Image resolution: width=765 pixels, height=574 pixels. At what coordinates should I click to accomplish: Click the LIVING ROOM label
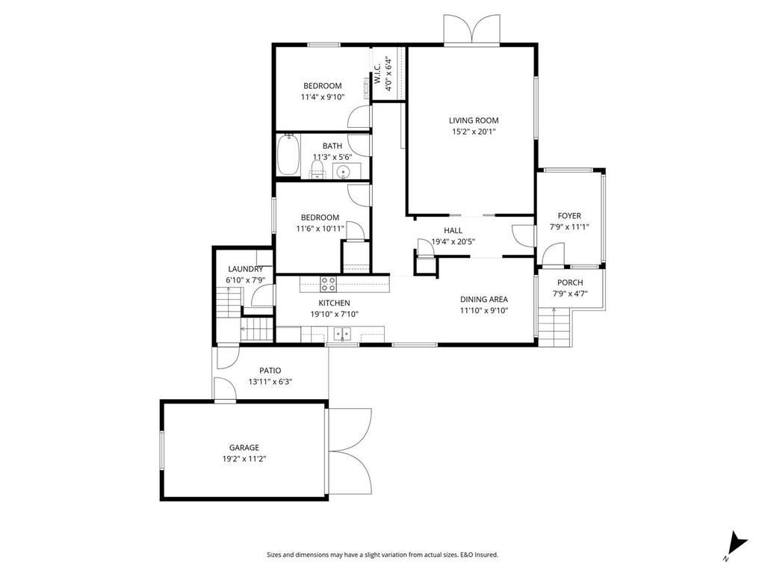(x=474, y=120)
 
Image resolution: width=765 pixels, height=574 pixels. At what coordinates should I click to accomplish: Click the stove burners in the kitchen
(x=328, y=283)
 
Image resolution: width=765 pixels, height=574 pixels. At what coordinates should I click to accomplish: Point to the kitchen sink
(x=343, y=334)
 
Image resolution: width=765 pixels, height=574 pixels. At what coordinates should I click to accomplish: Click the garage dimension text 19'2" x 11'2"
(x=244, y=459)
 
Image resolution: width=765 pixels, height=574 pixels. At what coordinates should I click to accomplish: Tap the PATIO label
(x=270, y=370)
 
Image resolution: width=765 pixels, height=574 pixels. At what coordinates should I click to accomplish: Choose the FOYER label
(x=570, y=216)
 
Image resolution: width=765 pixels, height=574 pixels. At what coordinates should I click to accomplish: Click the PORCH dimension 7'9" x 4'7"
(x=570, y=294)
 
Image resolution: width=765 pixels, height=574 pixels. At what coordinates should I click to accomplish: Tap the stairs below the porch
(x=554, y=327)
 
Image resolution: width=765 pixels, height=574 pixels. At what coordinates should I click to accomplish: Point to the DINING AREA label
(x=484, y=299)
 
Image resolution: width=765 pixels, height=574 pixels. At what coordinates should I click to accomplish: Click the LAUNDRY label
(x=245, y=269)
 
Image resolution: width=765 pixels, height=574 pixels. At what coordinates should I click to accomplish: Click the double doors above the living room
(x=471, y=30)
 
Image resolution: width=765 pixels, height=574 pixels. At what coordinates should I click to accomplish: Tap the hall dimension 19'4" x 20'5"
(x=453, y=241)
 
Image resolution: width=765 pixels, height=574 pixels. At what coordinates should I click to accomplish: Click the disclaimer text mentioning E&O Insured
(x=382, y=555)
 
